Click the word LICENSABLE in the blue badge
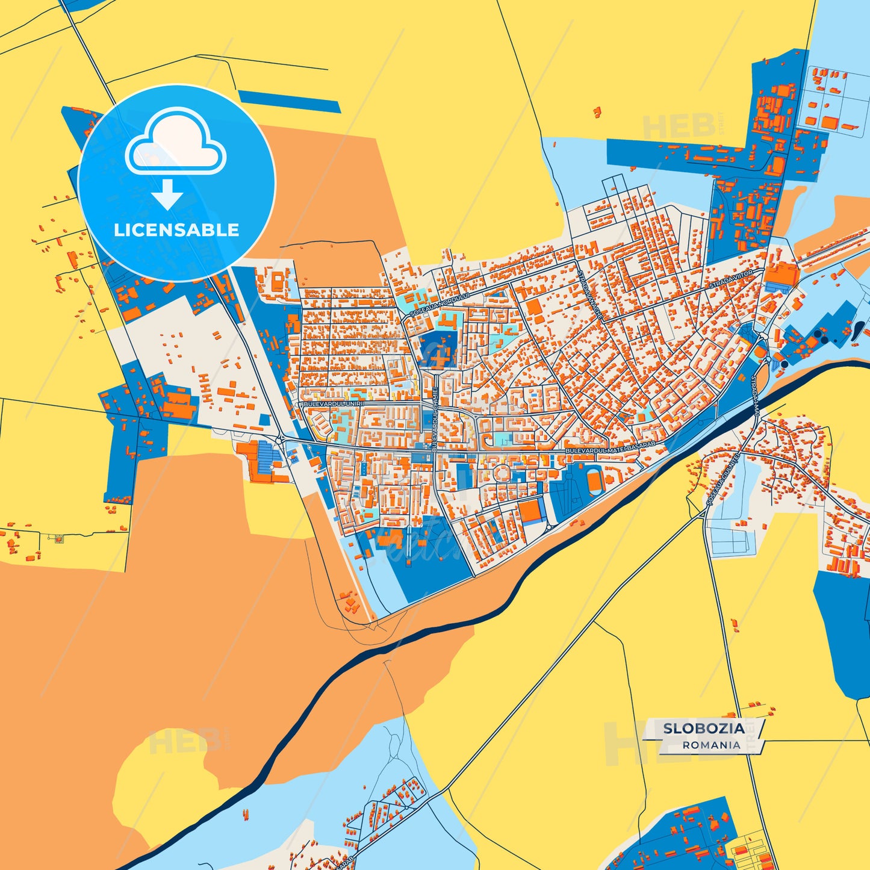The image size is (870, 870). (x=176, y=230)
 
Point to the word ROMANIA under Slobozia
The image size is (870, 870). (x=711, y=745)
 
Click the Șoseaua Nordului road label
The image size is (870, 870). (x=430, y=305)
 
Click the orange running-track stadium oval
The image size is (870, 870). (x=594, y=480)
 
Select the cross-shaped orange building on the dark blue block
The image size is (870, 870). (x=439, y=355)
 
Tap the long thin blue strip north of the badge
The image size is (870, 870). (x=289, y=101)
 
